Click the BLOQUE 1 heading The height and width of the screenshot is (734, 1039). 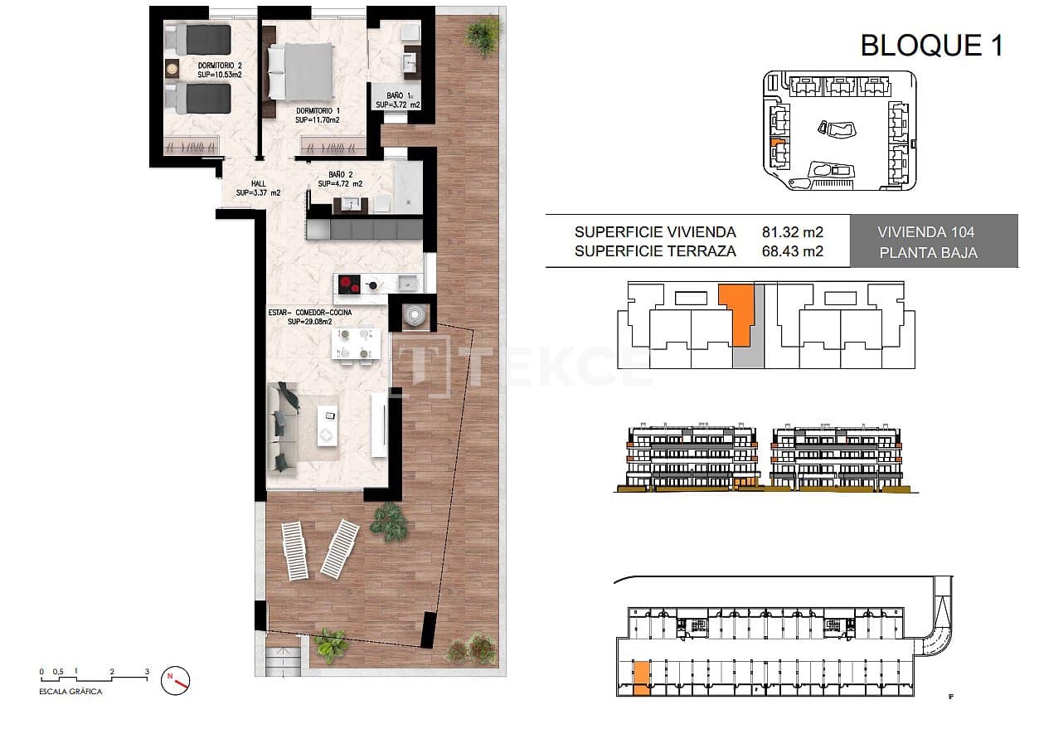coord(931,45)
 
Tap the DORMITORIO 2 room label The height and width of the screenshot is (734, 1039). coord(220,70)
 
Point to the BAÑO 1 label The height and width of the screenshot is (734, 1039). coord(397,100)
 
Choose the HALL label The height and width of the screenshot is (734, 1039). coord(258,188)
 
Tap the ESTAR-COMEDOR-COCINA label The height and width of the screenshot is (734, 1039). coord(309,316)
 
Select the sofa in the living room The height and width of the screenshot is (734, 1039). coord(283,429)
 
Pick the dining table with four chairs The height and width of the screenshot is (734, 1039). coord(355,343)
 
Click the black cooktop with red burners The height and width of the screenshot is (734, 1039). coord(349,286)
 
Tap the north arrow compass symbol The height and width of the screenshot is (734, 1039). coord(177,680)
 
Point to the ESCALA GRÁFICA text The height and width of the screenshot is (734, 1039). coord(71,692)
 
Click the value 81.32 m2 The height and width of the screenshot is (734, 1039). coord(792,232)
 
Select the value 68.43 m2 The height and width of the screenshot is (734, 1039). coord(792,251)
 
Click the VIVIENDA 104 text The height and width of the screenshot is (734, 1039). coord(925,232)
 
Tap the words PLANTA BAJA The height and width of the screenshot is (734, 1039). coord(927,253)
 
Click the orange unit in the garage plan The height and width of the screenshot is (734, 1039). coord(641,678)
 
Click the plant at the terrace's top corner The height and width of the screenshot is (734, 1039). coord(482,34)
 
